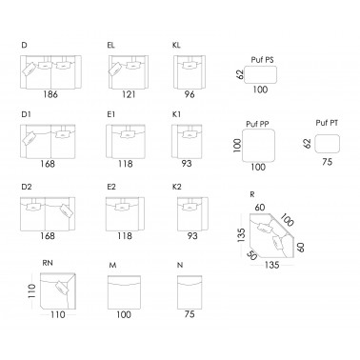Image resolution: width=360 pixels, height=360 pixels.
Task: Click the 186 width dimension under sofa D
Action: [50, 94]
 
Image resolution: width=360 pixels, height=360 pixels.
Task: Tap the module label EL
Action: [110, 46]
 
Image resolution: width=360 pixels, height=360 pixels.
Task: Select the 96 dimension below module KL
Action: [190, 94]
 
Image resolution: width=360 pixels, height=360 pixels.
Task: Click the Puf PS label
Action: [262, 60]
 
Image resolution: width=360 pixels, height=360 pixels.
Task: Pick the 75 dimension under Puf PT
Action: [327, 162]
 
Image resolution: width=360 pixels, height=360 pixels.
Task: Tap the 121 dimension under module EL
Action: [129, 94]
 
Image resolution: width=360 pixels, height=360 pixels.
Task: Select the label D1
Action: [26, 114]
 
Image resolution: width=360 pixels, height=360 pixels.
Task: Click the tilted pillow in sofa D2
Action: [65, 210]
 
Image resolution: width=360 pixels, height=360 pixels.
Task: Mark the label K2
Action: [177, 187]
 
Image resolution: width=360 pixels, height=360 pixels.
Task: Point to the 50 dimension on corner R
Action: [251, 255]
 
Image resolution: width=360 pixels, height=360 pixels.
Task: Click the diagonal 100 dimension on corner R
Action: [287, 220]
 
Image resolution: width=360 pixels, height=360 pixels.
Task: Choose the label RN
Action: [48, 263]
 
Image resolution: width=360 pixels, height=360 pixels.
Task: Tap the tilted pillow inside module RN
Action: [62, 288]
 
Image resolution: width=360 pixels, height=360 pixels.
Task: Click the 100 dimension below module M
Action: [124, 314]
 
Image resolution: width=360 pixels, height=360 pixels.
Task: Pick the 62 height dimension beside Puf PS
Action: [240, 74]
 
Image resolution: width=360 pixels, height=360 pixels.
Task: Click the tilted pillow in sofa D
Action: [29, 70]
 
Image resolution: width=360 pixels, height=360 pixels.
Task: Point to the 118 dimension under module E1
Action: [126, 164]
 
